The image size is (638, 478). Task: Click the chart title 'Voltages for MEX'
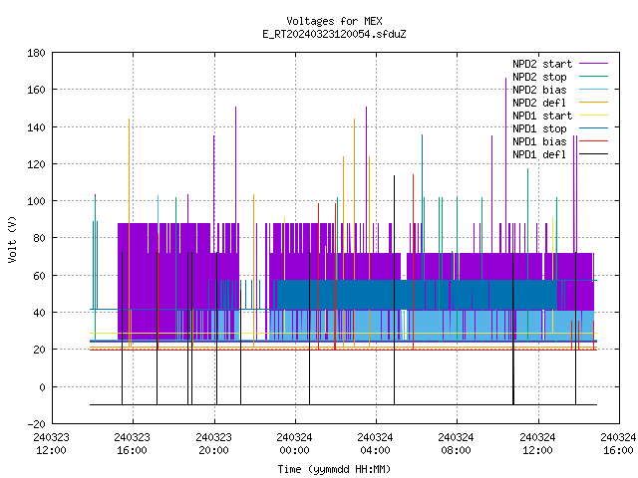(334, 21)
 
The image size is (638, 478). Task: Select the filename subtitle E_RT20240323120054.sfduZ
(334, 34)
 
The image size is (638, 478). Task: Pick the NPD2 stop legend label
(539, 77)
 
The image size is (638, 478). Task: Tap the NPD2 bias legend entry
(539, 90)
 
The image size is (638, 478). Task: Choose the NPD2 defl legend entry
(539, 103)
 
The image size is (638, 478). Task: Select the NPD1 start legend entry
(542, 116)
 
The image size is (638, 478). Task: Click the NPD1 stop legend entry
(539, 128)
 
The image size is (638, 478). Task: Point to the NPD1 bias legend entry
(539, 141)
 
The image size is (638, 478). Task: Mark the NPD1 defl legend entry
(539, 155)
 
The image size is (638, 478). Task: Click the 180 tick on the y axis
(36, 53)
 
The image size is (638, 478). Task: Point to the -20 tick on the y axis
(36, 424)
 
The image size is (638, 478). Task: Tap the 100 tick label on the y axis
(36, 201)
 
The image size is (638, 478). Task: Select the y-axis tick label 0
(42, 387)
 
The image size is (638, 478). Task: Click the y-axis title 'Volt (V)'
(12, 239)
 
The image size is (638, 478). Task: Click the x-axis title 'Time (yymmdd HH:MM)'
(334, 469)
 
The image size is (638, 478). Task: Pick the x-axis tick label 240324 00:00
(295, 444)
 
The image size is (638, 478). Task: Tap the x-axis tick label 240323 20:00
(213, 444)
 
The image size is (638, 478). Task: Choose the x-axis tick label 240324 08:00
(457, 444)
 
